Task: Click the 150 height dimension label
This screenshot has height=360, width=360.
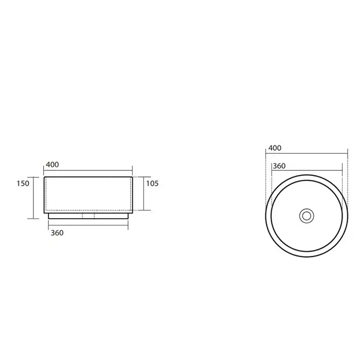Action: pyautogui.click(x=23, y=184)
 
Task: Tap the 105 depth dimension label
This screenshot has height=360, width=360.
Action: pyautogui.click(x=152, y=184)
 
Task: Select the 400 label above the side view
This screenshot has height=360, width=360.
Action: pyautogui.click(x=52, y=165)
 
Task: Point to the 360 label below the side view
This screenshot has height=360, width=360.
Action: pyautogui.click(x=57, y=233)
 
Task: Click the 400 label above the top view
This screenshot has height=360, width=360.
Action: pyautogui.click(x=275, y=148)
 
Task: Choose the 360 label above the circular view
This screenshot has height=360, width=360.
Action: pyautogui.click(x=279, y=166)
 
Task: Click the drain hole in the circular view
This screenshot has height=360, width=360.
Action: pyautogui.click(x=307, y=216)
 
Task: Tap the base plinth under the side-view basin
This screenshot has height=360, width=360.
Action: pyautogui.click(x=88, y=216)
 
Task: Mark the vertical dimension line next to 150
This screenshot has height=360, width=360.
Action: pyautogui.click(x=33, y=198)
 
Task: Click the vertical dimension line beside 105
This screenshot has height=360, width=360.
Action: pyautogui.click(x=144, y=193)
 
